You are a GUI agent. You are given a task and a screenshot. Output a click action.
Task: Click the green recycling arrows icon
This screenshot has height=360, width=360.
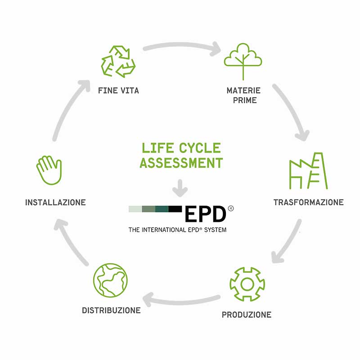coord(118,61)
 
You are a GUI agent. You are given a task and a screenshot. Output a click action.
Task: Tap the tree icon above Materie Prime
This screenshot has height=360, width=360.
coord(243,61)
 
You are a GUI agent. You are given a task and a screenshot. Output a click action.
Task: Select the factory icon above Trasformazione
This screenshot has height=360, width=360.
coord(308,171)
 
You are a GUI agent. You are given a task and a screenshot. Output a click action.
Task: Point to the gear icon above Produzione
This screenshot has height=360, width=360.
coord(247,284)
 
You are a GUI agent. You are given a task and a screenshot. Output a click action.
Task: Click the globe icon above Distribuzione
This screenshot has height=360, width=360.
coord(110,280)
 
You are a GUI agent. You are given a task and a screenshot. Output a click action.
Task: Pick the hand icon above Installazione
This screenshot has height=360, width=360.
coord(49,170)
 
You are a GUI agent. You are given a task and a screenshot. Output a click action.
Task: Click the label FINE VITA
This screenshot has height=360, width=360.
coord(118,90)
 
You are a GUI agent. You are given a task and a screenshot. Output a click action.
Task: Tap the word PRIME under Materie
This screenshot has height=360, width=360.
coord(245,100)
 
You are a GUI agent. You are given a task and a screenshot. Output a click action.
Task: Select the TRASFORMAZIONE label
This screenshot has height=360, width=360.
coord(309,202)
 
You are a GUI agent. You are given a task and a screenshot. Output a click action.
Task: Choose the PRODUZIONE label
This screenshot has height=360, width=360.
coord(247,315)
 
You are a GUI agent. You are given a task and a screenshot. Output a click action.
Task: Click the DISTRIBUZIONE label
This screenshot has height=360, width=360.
coord(111,310)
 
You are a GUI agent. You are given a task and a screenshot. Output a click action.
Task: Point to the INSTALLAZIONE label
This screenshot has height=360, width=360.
coord(55,202)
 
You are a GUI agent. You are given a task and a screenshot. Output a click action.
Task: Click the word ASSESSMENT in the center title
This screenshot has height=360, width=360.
coord(181,163)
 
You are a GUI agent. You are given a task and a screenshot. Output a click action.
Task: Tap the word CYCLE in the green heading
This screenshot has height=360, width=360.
coord(200,148)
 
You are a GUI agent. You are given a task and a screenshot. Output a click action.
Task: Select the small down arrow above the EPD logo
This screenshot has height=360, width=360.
coord(180,188)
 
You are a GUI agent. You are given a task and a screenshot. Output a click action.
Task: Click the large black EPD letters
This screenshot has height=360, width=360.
coord(205,214)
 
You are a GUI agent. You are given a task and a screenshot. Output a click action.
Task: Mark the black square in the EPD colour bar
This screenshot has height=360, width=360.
coord(175,209)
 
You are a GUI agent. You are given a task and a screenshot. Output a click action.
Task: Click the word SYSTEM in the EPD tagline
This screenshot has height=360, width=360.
coord(216,230)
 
